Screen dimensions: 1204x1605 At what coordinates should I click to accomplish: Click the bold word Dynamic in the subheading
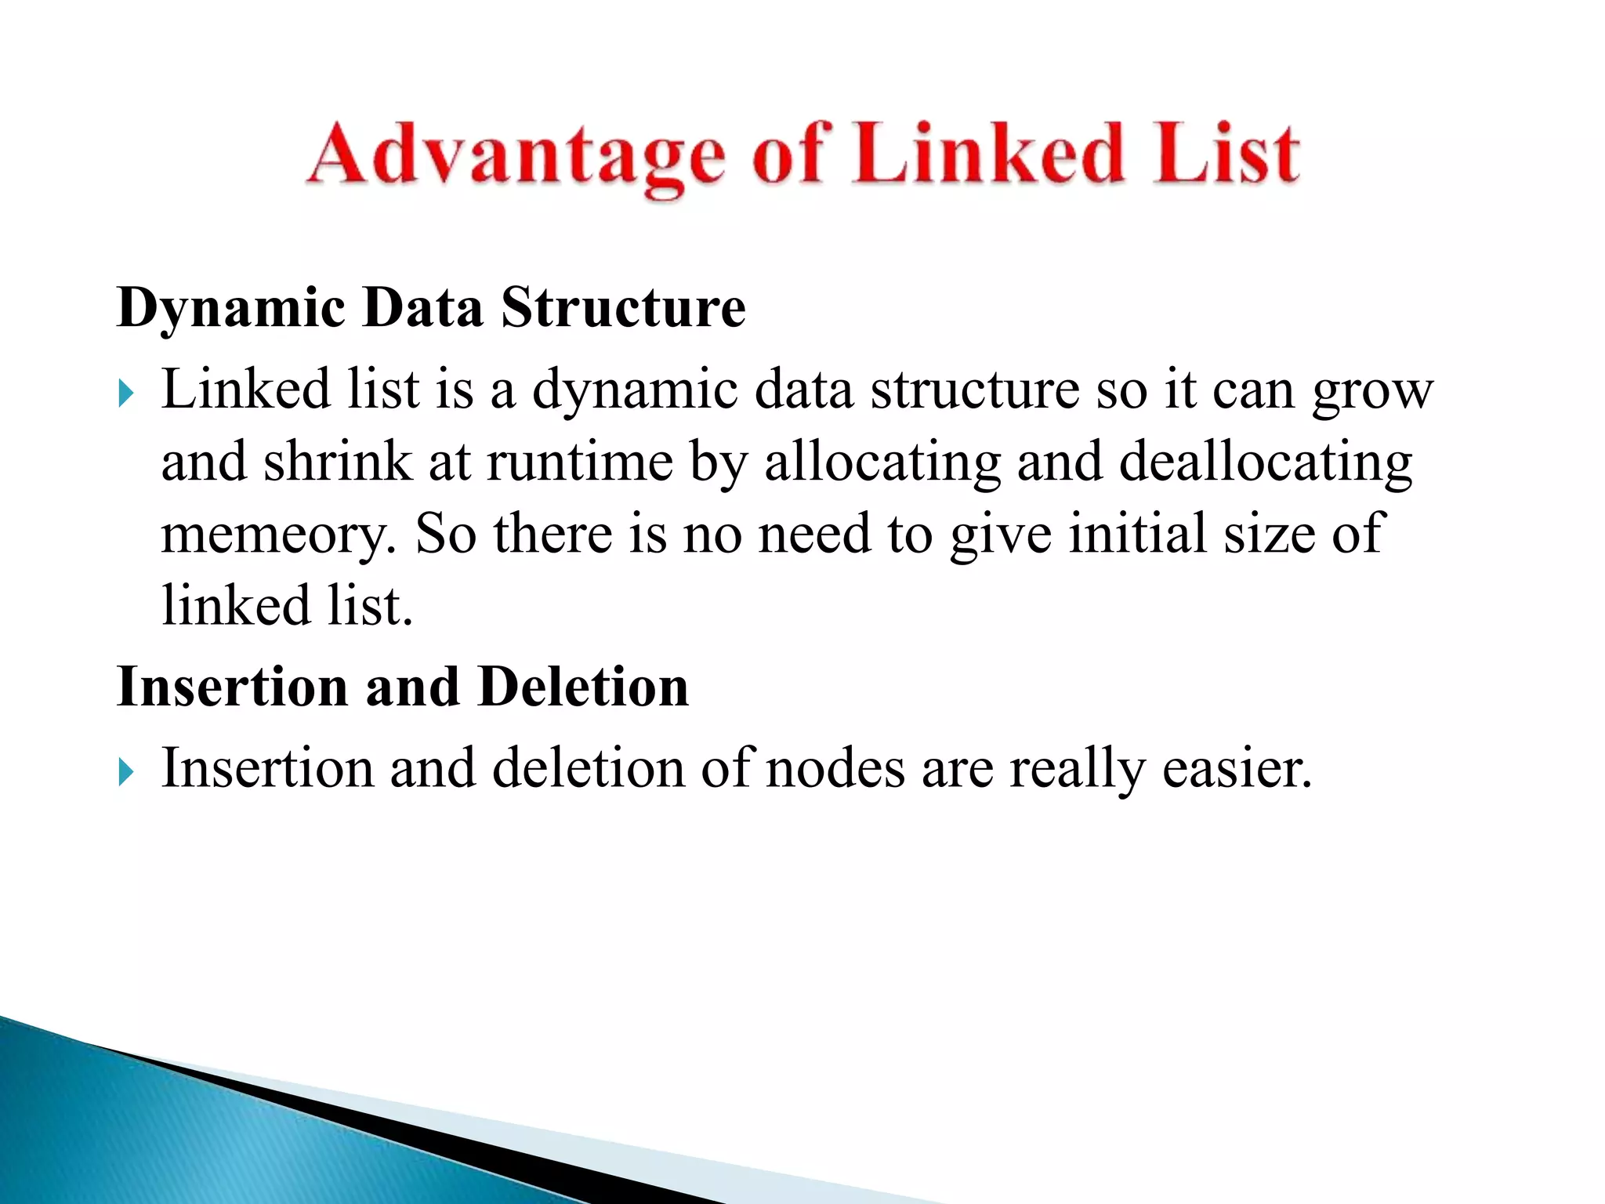[230, 308]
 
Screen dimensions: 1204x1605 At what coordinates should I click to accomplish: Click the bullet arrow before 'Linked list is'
[126, 393]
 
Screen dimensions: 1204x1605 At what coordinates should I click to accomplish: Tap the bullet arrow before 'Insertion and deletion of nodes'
[126, 772]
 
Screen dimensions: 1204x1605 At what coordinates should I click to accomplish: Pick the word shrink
[337, 462]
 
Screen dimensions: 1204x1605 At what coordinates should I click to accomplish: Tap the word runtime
[580, 462]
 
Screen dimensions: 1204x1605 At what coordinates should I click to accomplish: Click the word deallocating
[1266, 463]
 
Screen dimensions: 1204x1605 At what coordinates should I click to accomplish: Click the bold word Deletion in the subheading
[583, 687]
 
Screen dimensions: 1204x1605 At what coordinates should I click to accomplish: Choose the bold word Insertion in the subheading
[232, 687]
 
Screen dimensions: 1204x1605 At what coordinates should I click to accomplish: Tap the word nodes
[835, 768]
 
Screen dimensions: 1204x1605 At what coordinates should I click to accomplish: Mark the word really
[1078, 770]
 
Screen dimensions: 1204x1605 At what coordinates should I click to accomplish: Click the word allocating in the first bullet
[882, 463]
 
